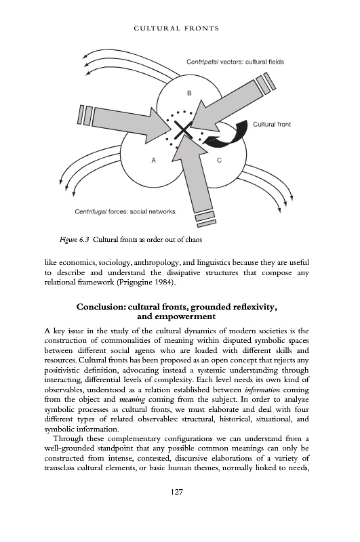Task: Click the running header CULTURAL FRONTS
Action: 176,28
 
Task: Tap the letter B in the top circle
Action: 189,93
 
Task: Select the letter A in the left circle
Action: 154,160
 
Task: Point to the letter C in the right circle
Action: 219,160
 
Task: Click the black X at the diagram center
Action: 183,130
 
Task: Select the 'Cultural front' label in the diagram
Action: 272,124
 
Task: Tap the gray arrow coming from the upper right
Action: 231,103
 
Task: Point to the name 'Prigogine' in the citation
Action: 136,283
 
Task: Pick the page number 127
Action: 177,492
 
